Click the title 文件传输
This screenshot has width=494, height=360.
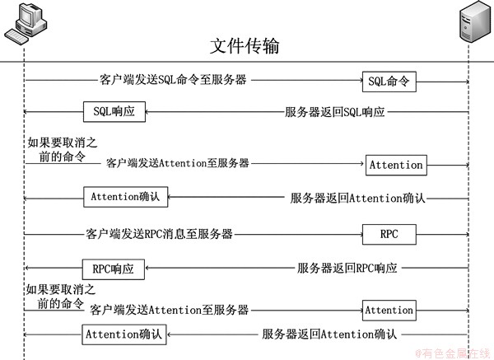pyautogui.click(x=245, y=46)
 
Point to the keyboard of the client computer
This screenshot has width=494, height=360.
pyautogui.click(x=16, y=38)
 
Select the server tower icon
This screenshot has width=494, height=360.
pyautogui.click(x=475, y=21)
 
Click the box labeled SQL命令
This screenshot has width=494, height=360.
pyautogui.click(x=389, y=82)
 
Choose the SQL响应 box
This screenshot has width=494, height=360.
pyautogui.click(x=114, y=111)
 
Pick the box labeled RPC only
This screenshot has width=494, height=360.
pyautogui.click(x=389, y=235)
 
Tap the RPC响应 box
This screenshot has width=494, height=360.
pyautogui.click(x=114, y=269)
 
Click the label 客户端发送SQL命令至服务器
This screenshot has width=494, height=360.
pyautogui.click(x=173, y=80)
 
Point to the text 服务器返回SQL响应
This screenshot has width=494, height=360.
pyautogui.click(x=334, y=112)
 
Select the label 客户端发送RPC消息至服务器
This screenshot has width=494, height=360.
pyautogui.click(x=159, y=234)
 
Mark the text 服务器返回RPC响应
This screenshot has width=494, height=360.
pyautogui.click(x=347, y=269)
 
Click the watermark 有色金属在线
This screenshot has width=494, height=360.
pyautogui.click(x=453, y=353)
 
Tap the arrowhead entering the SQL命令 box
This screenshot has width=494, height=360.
pyautogui.click(x=361, y=81)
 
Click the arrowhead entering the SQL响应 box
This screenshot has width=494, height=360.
pyautogui.click(x=147, y=111)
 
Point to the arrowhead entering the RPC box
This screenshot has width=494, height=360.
pyautogui.click(x=361, y=235)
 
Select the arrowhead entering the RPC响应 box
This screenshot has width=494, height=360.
pyautogui.click(x=147, y=268)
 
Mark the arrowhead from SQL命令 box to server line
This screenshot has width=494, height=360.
pyautogui.click(x=467, y=82)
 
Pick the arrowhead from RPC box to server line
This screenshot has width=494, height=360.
pyautogui.click(x=467, y=235)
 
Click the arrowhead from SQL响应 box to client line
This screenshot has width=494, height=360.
pyautogui.click(x=26, y=111)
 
